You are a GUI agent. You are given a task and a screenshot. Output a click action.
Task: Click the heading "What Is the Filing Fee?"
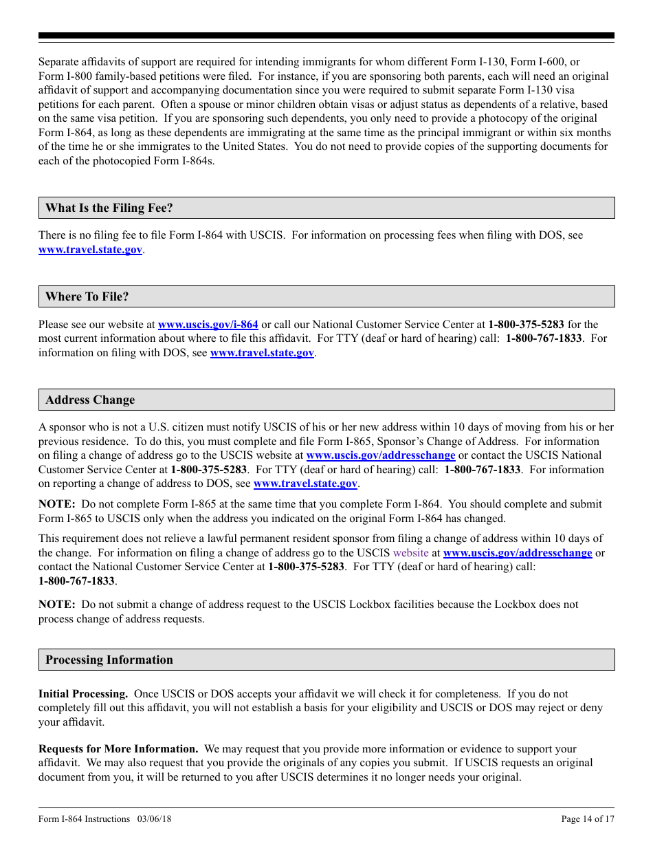click(x=109, y=208)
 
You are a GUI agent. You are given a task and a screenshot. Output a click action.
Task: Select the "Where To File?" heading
click(x=87, y=296)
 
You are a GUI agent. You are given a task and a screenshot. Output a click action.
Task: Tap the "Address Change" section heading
click(x=90, y=400)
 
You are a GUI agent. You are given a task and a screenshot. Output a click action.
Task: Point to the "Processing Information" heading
click(x=109, y=660)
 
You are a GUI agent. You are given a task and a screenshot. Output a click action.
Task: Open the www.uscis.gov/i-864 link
click(x=208, y=325)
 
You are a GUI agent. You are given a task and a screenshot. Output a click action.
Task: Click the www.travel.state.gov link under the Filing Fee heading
click(x=90, y=250)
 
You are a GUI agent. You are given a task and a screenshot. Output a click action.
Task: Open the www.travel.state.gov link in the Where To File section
click(x=262, y=353)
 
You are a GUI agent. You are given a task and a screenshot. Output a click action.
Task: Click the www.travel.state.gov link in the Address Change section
click(x=305, y=484)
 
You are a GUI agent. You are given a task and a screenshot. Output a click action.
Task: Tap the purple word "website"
click(x=410, y=552)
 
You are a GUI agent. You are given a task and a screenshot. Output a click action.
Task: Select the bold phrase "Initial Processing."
click(x=83, y=694)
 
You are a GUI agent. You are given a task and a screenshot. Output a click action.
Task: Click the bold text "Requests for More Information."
click(x=118, y=749)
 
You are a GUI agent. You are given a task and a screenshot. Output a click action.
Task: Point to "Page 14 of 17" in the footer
click(x=588, y=818)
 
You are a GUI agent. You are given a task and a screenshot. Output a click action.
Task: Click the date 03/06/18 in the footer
click(x=154, y=818)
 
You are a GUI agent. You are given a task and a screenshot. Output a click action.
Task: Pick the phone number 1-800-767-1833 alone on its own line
click(x=76, y=581)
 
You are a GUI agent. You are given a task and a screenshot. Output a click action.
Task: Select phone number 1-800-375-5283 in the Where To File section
click(x=526, y=325)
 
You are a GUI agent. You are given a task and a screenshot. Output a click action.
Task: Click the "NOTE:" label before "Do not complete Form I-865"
click(x=56, y=504)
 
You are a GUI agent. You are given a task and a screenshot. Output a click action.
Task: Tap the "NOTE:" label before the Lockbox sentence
click(x=56, y=605)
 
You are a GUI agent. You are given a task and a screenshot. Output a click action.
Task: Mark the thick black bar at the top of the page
click(x=326, y=36)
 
